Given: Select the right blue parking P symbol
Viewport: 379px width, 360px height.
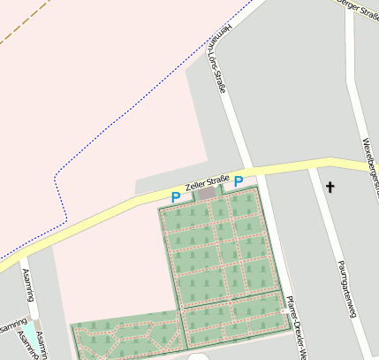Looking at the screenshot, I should pos(239,181).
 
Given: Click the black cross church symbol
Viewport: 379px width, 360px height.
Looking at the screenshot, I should pos(330,187).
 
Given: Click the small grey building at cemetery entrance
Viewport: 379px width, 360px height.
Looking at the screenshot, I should pos(208,193).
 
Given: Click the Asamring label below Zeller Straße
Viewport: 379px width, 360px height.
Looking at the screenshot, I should pos(27,284).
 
